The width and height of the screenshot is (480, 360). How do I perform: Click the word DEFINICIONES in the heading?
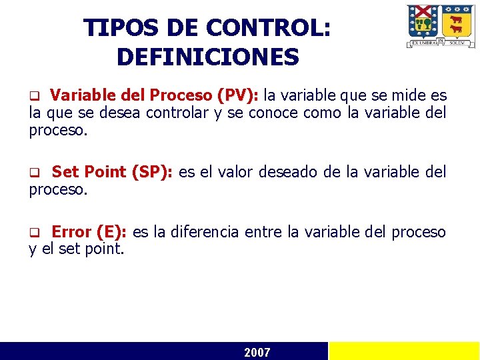pyautogui.click(x=207, y=57)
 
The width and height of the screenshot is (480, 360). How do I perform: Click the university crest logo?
pyautogui.click(x=441, y=26)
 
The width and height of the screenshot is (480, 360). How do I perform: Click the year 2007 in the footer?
pyautogui.click(x=257, y=352)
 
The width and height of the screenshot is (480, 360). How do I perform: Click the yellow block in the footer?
pyautogui.click(x=404, y=351)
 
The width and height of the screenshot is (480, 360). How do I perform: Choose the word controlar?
pyautogui.click(x=171, y=113)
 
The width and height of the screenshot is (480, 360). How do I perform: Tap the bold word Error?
pyautogui.click(x=71, y=232)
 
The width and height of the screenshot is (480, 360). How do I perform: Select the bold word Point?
pyautogui.click(x=104, y=172)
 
